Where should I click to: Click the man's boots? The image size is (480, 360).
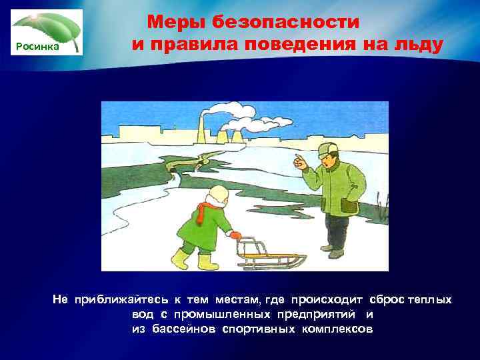(333, 251)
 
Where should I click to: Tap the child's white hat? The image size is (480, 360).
(218, 194)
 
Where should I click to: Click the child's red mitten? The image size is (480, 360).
(235, 235)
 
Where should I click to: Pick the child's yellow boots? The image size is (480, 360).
(193, 258)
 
